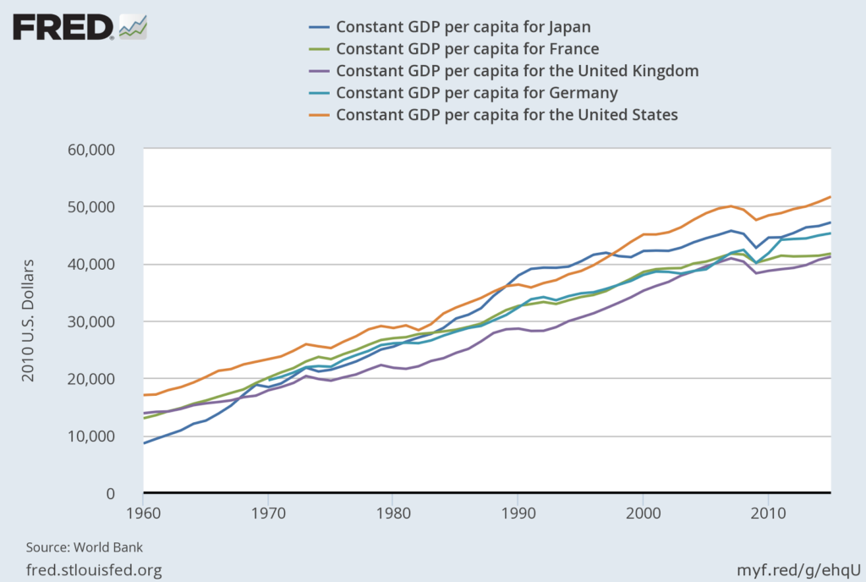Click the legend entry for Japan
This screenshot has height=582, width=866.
tap(463, 26)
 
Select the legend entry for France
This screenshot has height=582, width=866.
tap(468, 48)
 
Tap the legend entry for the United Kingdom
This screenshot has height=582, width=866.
tap(517, 70)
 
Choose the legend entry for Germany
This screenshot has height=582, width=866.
tap(477, 92)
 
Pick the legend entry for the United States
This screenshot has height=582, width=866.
tap(507, 114)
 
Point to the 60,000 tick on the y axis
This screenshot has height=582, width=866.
tap(96, 150)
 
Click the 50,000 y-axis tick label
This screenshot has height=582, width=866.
tap(96, 207)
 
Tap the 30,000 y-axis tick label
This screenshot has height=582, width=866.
tap(96, 322)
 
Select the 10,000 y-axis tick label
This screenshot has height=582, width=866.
tap(96, 436)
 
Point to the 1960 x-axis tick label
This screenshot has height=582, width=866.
tap(143, 513)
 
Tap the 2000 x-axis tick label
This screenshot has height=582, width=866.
tap(643, 513)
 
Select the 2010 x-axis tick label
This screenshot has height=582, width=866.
tap(767, 513)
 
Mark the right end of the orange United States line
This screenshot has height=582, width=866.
tap(830, 197)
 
